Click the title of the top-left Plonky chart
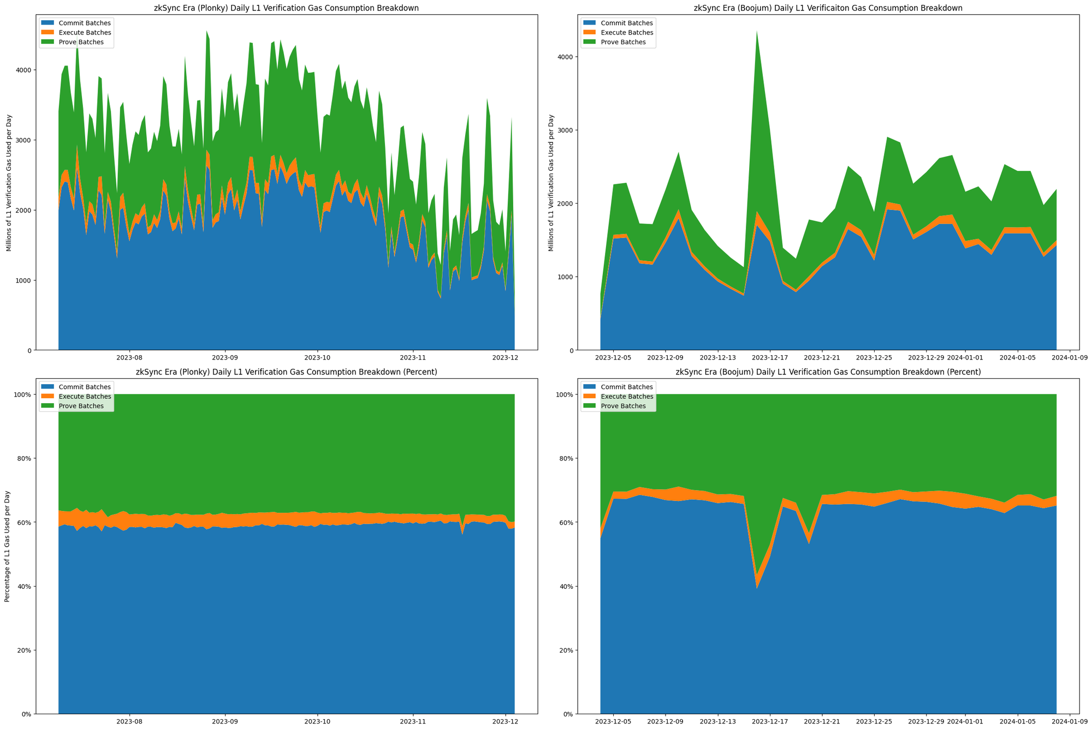pyautogui.click(x=287, y=8)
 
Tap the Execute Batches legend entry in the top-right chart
pyautogui.click(x=626, y=33)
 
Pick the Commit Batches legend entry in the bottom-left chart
pyautogui.click(x=84, y=387)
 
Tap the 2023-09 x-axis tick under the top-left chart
pyautogui.click(x=225, y=358)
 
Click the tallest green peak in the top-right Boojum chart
pyautogui.click(x=757, y=32)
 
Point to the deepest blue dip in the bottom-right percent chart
pyautogui.click(x=757, y=588)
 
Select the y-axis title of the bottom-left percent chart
pyautogui.click(x=8, y=554)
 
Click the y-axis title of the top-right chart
pyautogui.click(x=550, y=183)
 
